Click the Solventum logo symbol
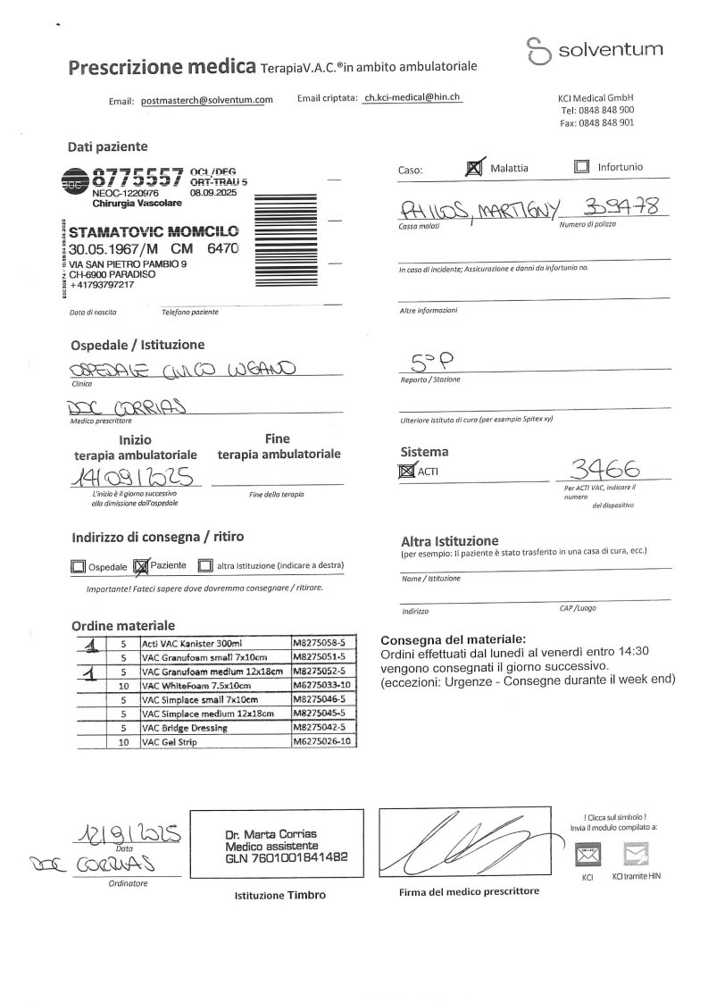[537, 51]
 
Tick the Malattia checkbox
[476, 167]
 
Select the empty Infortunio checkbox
[582, 167]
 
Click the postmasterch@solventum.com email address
[207, 101]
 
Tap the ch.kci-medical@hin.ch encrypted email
[412, 99]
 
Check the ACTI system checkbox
[406, 471]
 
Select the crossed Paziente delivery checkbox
[141, 566]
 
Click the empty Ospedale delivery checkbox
[78, 566]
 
